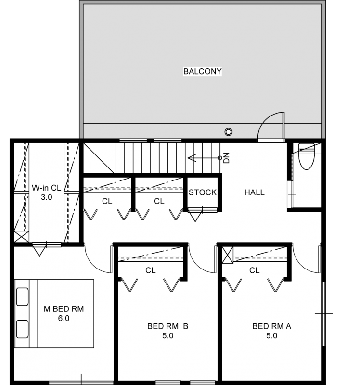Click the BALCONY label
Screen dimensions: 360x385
point(202,71)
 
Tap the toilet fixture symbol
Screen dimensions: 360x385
point(306,156)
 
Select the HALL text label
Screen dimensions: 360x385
point(255,192)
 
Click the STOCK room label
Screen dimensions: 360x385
point(203,192)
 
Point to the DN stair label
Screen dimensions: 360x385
point(226,158)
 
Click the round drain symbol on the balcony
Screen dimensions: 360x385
point(229,132)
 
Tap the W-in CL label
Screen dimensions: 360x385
point(46,188)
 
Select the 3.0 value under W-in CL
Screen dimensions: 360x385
point(46,197)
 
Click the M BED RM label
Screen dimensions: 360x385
point(64,309)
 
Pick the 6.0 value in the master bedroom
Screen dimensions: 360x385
point(64,318)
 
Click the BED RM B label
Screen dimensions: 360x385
point(167,326)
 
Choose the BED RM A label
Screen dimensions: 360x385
point(271,326)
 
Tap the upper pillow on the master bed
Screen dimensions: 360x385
point(22,296)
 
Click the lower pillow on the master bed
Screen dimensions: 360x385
point(22,329)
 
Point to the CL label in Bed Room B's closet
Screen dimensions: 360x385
point(150,270)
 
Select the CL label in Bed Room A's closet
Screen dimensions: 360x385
point(254,270)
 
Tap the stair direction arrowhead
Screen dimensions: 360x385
point(192,158)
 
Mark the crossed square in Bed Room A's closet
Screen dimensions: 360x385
point(227,255)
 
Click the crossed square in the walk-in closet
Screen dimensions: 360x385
point(22,237)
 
